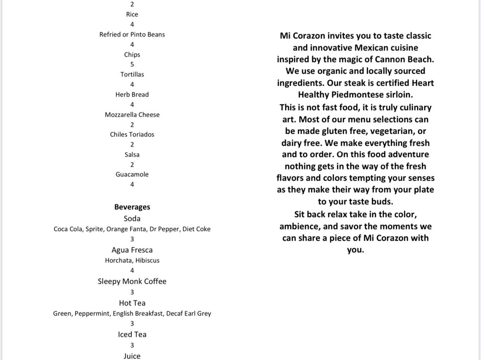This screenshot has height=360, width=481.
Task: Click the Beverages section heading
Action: (132, 207)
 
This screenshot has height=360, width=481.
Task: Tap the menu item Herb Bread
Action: (132, 94)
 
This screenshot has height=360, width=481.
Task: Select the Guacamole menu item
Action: (132, 174)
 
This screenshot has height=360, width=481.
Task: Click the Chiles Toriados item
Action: (132, 134)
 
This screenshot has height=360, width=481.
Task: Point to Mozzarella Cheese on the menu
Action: (132, 115)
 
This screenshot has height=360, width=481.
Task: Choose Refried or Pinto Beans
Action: (132, 34)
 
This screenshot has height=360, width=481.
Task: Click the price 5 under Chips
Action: (132, 65)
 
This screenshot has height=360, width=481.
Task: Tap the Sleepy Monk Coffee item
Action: (132, 281)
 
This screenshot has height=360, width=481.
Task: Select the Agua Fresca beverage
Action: (132, 250)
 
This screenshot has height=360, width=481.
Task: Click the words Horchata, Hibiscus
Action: (132, 260)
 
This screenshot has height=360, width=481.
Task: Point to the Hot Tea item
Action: (132, 303)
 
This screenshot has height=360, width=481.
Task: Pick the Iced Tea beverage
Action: (132, 334)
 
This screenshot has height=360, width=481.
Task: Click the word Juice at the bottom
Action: (132, 356)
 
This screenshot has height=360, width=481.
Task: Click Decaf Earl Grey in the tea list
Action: (189, 313)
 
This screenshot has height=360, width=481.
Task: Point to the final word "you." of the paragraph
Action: (355, 250)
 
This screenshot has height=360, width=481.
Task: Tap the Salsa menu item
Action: (132, 155)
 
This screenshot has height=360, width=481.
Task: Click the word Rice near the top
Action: (132, 14)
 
